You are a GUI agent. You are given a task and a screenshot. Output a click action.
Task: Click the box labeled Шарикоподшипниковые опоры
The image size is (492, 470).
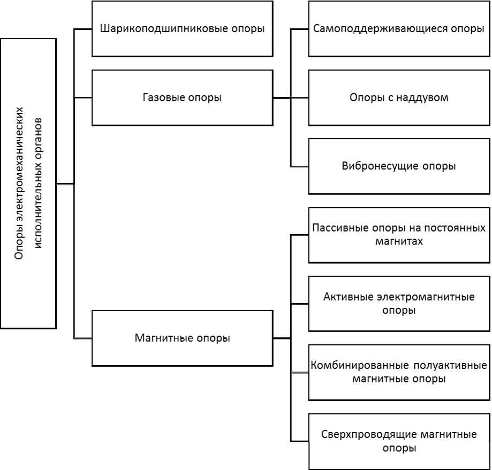coord(182,29)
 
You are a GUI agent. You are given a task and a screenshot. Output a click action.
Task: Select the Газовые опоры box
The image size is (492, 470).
coord(182,97)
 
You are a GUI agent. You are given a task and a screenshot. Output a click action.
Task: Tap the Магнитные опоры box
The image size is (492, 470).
coord(182,338)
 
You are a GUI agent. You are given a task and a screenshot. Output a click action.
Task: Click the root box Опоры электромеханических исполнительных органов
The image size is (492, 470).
coord(28,183)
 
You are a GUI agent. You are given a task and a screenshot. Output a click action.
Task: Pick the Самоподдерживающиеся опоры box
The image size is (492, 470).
coord(399,29)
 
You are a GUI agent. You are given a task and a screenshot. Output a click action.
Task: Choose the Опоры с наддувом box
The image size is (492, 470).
coord(399,97)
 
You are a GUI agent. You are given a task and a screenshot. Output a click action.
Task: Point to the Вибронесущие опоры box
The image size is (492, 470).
coord(399,166)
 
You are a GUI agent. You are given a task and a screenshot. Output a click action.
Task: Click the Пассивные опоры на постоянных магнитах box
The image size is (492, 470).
coord(399,235)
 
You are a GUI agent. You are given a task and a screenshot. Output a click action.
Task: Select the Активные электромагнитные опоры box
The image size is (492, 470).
coord(399,303)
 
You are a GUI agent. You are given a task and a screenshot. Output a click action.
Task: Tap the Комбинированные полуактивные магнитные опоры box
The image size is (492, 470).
coord(399,372)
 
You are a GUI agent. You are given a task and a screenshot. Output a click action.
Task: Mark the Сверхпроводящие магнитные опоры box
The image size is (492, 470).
coord(399,441)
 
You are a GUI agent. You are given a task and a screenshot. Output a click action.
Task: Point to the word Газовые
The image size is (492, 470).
coord(161,97)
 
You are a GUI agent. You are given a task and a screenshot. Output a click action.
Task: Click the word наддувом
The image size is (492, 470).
coord(421,97)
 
